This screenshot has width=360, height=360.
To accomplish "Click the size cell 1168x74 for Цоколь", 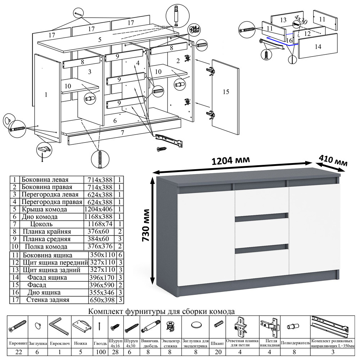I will (x=98, y=224).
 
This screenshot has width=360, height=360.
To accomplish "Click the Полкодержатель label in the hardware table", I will (x=295, y=343).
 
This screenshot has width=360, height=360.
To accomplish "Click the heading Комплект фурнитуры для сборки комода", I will (x=162, y=311).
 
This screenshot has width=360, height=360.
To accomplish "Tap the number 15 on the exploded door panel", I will (x=226, y=92).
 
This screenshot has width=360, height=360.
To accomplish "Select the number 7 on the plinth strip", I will (x=122, y=133).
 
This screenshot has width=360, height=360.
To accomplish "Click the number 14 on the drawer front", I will (x=318, y=46).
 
